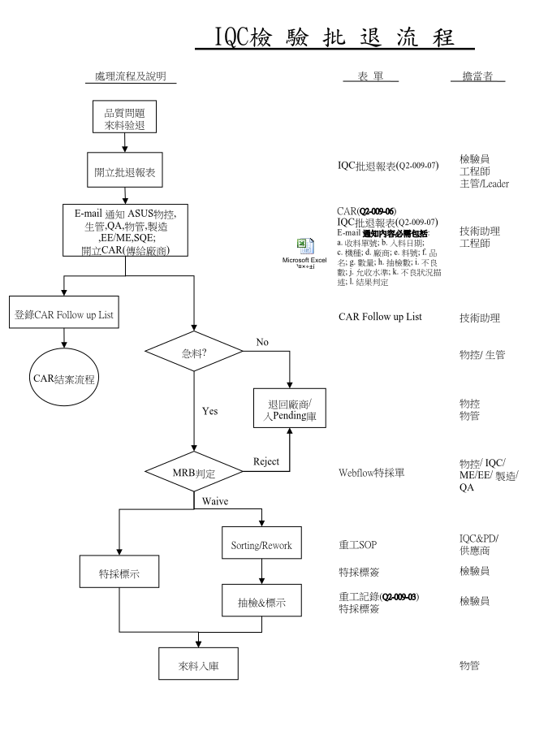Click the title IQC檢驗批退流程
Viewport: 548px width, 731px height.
click(334, 37)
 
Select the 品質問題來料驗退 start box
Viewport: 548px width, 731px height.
click(124, 118)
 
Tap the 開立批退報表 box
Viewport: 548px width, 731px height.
click(124, 173)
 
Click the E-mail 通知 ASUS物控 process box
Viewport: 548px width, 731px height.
click(125, 231)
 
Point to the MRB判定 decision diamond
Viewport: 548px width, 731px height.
click(193, 471)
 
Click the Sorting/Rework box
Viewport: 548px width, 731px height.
click(261, 544)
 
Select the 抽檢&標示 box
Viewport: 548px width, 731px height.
click(261, 605)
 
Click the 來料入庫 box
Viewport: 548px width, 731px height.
click(197, 665)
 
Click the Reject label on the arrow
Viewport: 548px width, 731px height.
click(266, 461)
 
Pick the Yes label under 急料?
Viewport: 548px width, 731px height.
click(209, 411)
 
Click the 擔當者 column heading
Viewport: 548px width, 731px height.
click(478, 77)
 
